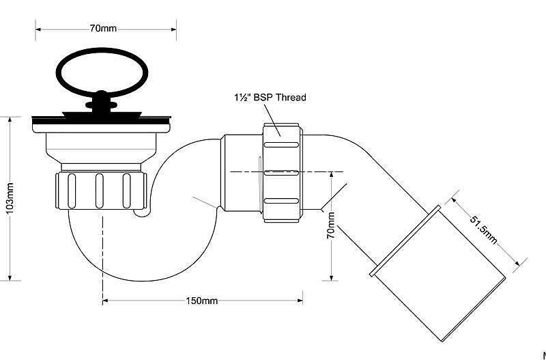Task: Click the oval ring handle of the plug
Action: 102,49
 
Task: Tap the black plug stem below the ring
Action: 101,101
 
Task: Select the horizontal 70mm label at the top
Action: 104,28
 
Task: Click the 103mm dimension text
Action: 10,197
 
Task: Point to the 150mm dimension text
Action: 202,301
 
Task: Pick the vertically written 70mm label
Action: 331,225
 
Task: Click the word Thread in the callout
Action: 291,97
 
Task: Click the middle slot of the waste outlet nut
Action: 99,191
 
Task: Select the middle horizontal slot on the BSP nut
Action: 281,173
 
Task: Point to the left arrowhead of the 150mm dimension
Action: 106,301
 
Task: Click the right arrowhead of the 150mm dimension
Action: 300,301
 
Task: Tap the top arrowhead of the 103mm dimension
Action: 10,120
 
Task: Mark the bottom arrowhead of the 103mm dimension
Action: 10,277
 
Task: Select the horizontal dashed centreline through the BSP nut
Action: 286,172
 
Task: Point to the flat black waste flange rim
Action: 101,118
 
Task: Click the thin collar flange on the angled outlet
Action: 405,241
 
